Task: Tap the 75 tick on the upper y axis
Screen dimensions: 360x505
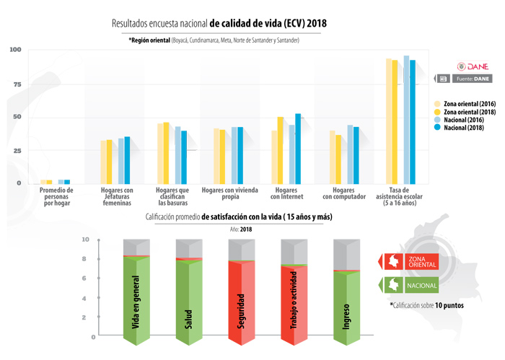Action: (17, 84)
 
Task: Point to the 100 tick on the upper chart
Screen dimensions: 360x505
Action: (15, 50)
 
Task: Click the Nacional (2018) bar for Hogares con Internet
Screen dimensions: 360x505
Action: (298, 148)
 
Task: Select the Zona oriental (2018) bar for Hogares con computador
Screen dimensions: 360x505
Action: (338, 159)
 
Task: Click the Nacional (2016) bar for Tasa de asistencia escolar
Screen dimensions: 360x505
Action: (406, 119)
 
